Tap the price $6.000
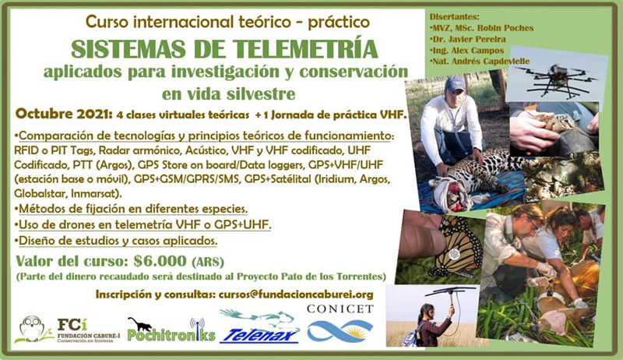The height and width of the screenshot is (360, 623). click(x=160, y=261)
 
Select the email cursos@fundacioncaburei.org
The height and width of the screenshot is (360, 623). click(x=296, y=295)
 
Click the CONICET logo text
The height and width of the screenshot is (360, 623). click(x=340, y=309)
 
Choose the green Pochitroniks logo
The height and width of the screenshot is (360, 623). click(x=171, y=330)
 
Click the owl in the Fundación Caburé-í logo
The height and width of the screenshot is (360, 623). click(x=32, y=328)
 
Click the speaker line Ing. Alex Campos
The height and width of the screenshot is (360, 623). click(x=466, y=51)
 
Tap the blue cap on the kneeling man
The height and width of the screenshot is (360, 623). click(x=454, y=84)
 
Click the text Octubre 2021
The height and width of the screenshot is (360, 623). click(x=62, y=114)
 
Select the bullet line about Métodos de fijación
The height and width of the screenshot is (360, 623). click(x=131, y=209)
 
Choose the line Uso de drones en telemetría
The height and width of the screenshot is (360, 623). click(x=143, y=224)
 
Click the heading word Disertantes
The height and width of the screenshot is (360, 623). click(x=454, y=17)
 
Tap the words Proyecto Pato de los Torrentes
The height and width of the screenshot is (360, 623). click(x=311, y=276)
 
